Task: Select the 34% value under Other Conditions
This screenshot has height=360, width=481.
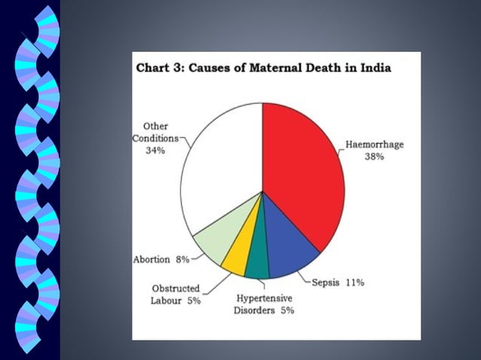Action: [156, 150]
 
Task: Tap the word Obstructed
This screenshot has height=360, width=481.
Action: [176, 288]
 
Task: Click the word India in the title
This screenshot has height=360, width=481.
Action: [375, 67]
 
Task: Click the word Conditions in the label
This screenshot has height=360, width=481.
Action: [155, 138]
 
